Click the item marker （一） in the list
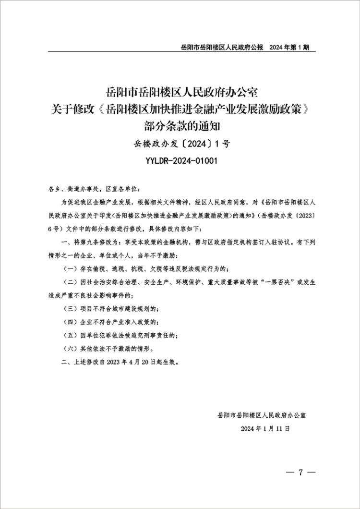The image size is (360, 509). click(70, 267)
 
